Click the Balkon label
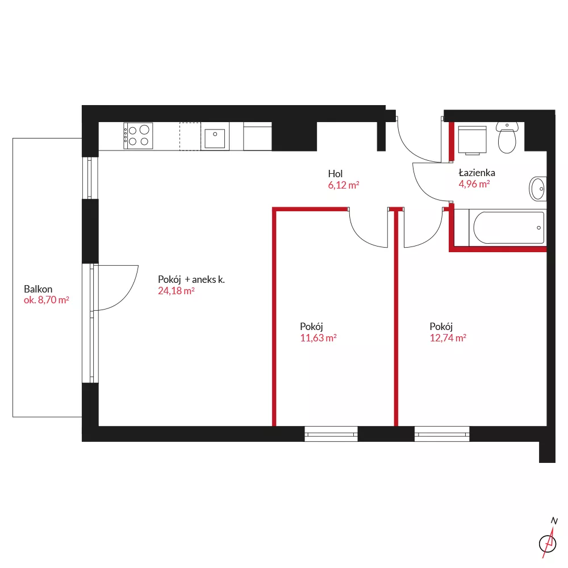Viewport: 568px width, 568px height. pyautogui.click(x=38, y=289)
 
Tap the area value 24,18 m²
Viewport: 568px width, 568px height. pyautogui.click(x=176, y=291)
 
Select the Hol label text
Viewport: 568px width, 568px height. pyautogui.click(x=335, y=173)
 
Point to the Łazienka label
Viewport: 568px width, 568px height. pyautogui.click(x=477, y=173)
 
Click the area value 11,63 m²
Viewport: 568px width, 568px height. pyautogui.click(x=318, y=338)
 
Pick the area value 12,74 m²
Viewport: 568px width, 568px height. pyautogui.click(x=448, y=338)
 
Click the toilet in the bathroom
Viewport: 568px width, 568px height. pyautogui.click(x=507, y=137)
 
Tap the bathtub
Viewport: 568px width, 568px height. pyautogui.click(x=508, y=228)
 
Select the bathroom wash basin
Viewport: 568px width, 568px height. pyautogui.click(x=538, y=189)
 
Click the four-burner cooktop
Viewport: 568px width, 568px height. pyautogui.click(x=138, y=136)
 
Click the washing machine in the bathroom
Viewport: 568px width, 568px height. pyautogui.click(x=472, y=140)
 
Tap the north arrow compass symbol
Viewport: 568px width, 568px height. pyautogui.click(x=549, y=539)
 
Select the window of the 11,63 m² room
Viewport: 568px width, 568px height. pyautogui.click(x=331, y=433)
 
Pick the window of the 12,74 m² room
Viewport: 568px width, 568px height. pyautogui.click(x=442, y=433)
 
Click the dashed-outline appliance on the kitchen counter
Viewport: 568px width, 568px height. pyautogui.click(x=190, y=136)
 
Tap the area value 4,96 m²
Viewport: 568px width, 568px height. pyautogui.click(x=474, y=184)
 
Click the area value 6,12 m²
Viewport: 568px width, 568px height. pyautogui.click(x=344, y=185)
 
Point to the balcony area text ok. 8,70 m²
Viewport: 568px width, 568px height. pyautogui.click(x=47, y=300)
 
